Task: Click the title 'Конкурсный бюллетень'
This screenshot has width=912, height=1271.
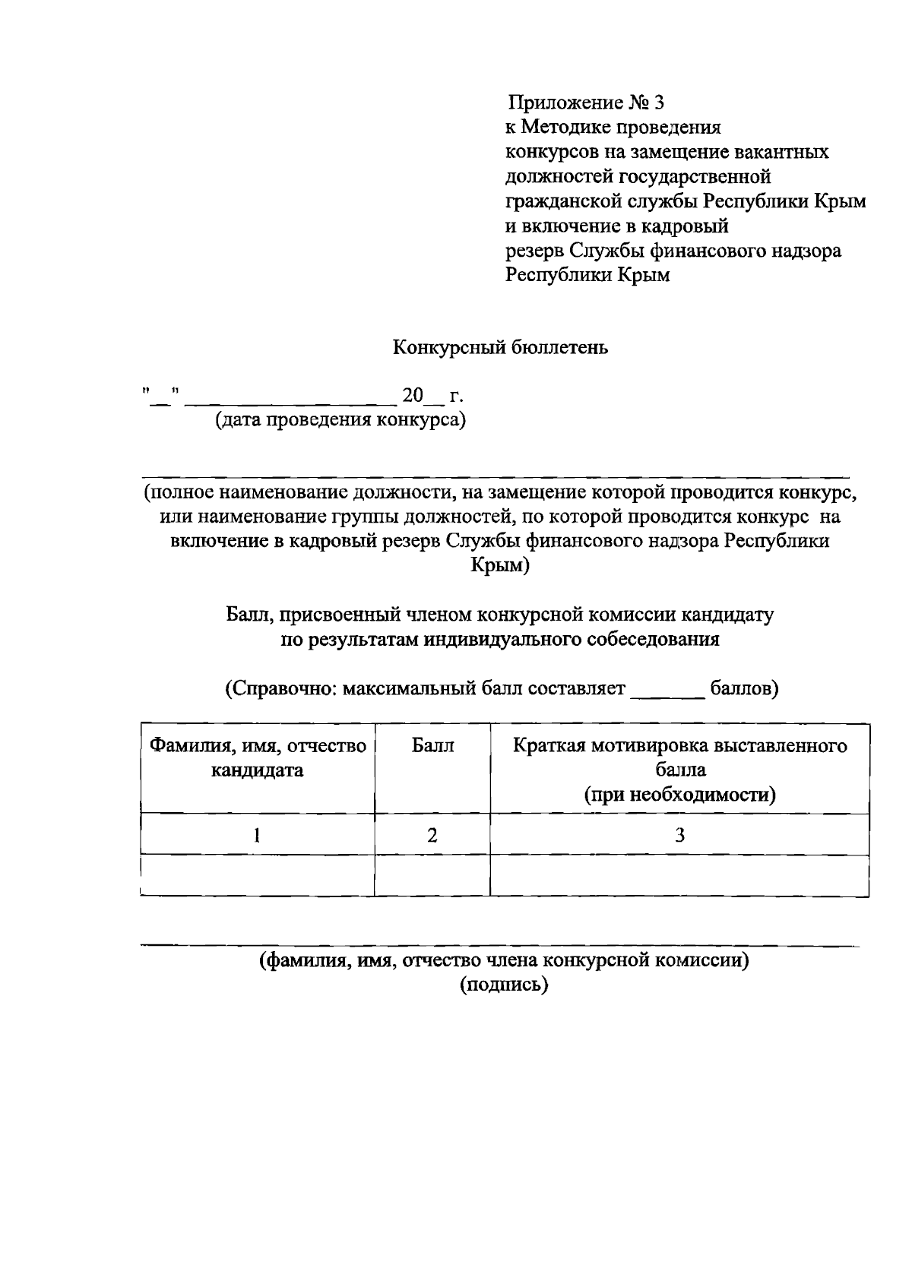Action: click(500, 349)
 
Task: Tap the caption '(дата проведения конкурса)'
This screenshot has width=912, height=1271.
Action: click(340, 420)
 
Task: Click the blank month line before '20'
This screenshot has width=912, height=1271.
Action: click(290, 399)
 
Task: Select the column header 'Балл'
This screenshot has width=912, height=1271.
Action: click(432, 746)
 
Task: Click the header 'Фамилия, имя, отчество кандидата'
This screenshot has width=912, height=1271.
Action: click(257, 758)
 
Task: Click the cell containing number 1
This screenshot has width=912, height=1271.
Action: click(257, 836)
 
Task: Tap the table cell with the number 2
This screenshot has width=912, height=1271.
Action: click(432, 836)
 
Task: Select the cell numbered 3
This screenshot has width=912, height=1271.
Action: click(679, 836)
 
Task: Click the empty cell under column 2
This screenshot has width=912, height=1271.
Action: click(432, 876)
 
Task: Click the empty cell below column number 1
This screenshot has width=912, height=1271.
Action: click(257, 876)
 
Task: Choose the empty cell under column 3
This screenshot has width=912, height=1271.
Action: click(679, 876)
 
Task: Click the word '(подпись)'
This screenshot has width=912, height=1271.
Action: click(502, 985)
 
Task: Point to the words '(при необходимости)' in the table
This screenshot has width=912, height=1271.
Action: click(679, 795)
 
